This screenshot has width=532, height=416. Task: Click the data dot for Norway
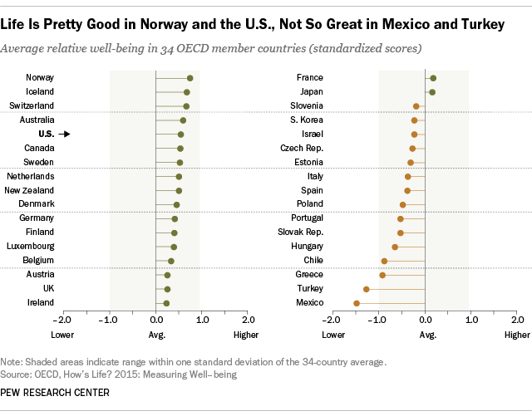point(190,78)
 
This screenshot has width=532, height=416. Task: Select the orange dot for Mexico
point(357,303)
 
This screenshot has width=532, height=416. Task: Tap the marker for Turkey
point(366,289)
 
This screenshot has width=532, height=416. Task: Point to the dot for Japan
point(432,91)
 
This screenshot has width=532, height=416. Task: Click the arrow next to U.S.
point(66,134)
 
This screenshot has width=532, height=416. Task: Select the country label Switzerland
point(32,105)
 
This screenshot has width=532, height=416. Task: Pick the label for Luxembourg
point(32,247)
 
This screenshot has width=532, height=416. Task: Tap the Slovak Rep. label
point(300,232)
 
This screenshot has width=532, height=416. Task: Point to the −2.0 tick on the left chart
point(62,319)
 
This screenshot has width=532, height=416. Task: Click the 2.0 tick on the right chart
point(517,319)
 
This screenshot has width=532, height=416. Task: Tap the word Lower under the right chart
point(333,335)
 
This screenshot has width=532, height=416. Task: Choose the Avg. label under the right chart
point(426,335)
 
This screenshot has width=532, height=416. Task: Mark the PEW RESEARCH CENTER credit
point(55,393)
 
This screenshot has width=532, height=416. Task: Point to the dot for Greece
point(382,275)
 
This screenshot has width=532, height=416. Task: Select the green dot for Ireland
point(166,303)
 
